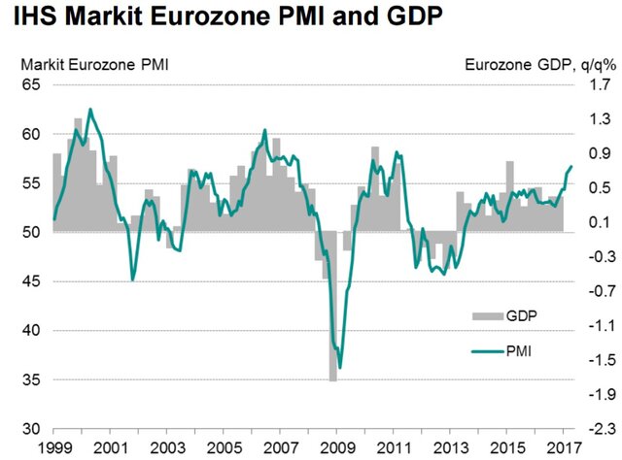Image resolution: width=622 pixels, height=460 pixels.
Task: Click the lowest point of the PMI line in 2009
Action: [x=339, y=368]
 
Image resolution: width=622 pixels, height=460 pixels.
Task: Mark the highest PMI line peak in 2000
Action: [x=90, y=110]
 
